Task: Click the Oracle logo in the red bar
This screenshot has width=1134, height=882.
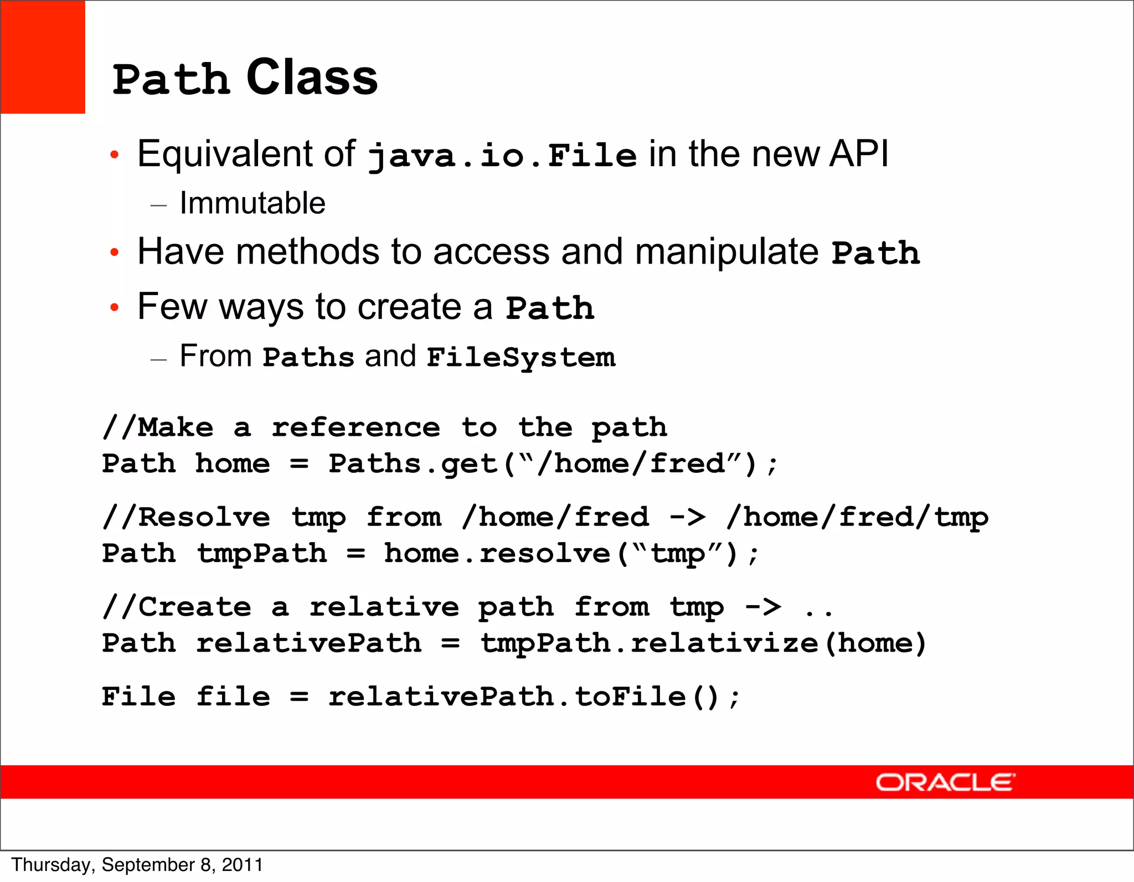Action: (x=945, y=782)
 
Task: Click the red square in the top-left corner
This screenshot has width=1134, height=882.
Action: (x=43, y=57)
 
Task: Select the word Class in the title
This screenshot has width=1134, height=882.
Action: (x=312, y=78)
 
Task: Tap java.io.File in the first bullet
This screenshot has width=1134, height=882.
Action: (x=502, y=156)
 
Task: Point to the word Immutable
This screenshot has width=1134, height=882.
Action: (x=252, y=203)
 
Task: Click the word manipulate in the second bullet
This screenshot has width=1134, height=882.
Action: (x=726, y=252)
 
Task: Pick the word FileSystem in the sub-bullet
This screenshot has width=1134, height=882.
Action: (x=520, y=358)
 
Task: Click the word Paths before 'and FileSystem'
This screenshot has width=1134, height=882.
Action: (x=308, y=358)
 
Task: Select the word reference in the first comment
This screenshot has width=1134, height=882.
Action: (x=355, y=428)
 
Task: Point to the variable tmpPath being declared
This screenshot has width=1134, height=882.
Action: (x=262, y=554)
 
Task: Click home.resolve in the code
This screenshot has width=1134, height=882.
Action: (x=497, y=554)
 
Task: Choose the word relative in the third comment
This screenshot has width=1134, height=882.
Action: (x=384, y=607)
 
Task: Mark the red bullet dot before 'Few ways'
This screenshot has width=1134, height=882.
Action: (x=114, y=307)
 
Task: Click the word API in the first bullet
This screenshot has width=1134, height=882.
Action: (x=859, y=153)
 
